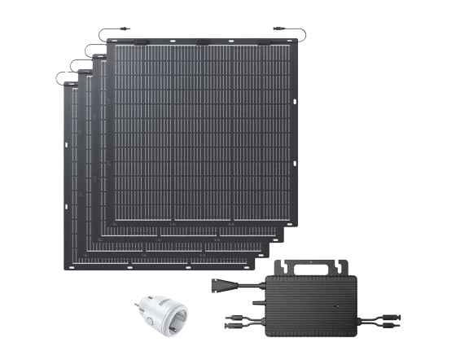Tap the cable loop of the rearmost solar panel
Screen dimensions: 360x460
coord(60,77)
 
